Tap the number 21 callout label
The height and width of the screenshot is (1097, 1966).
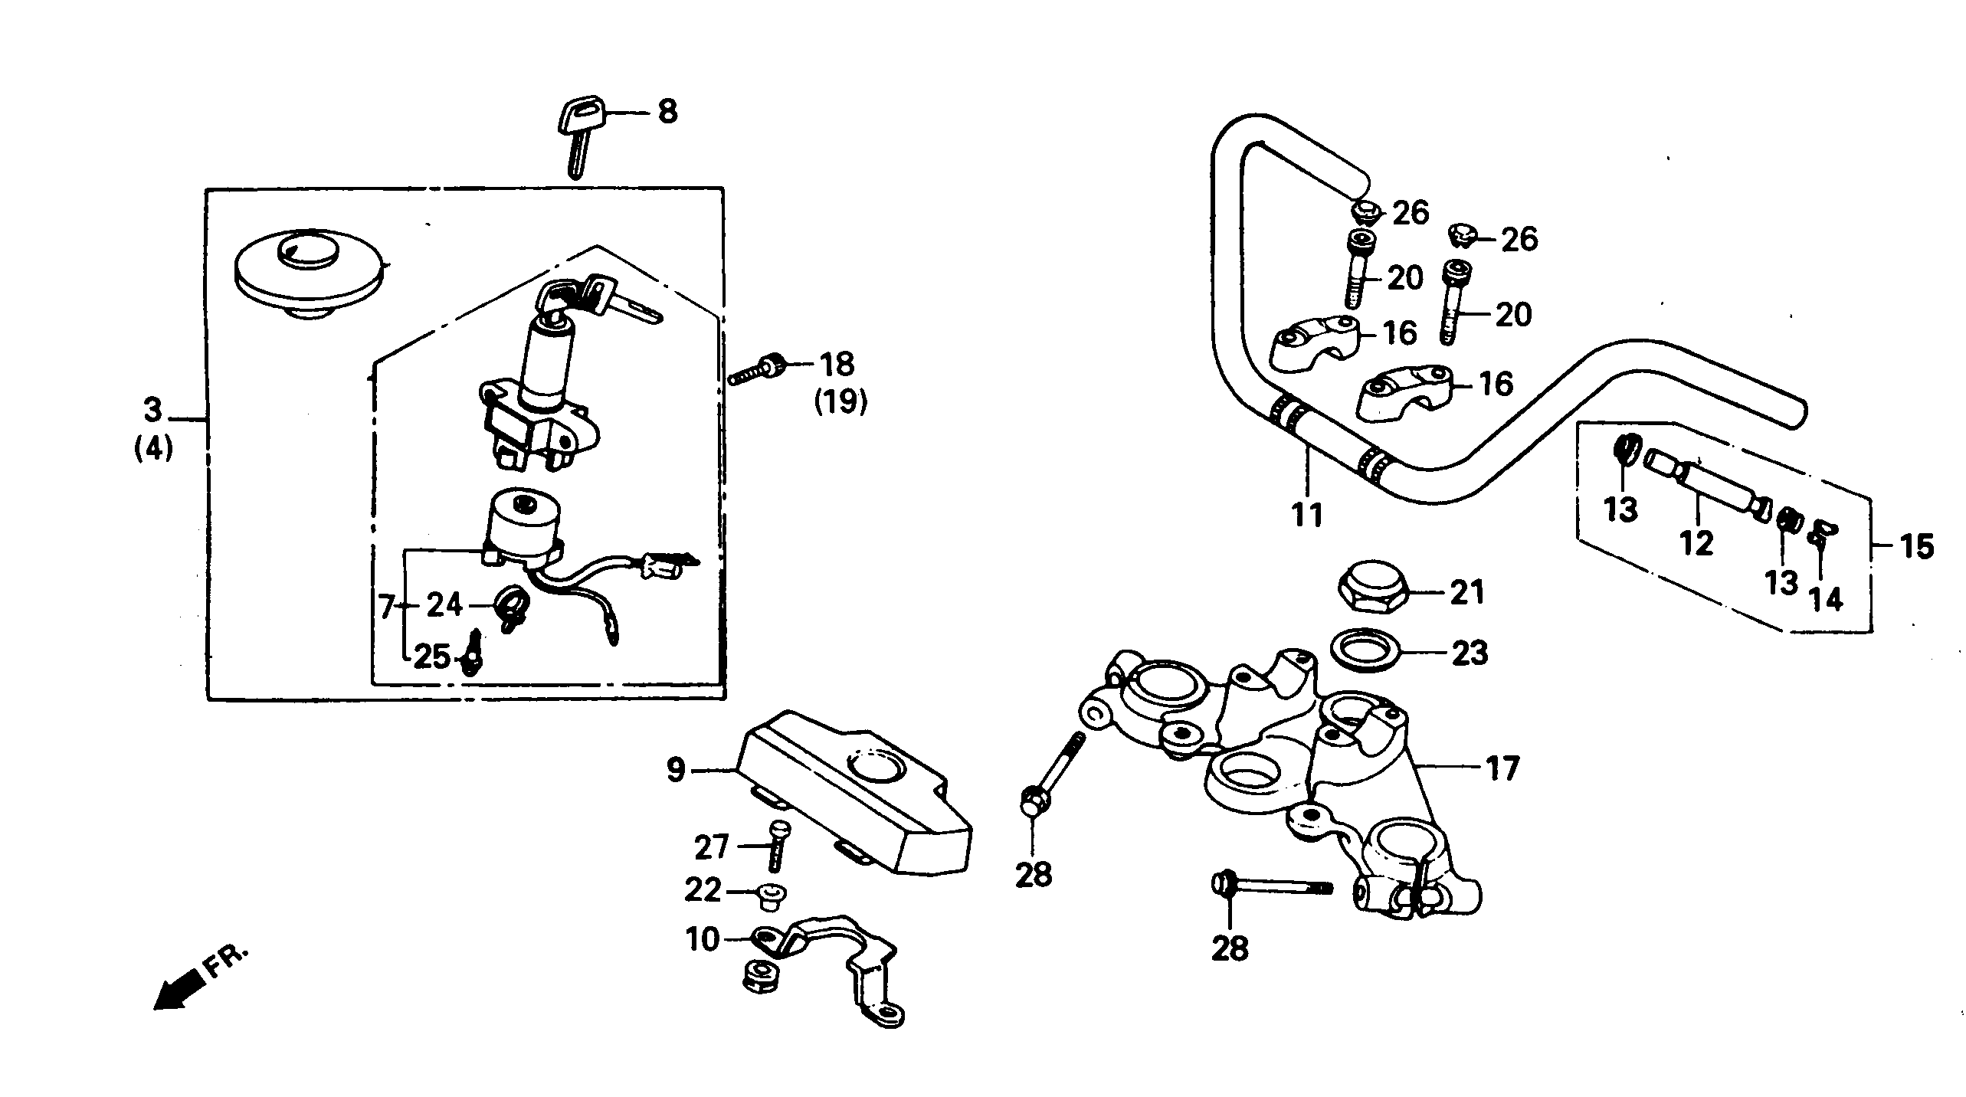pos(1467,592)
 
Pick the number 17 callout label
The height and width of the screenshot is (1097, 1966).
pos(1502,768)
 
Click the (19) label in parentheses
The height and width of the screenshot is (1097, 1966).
pos(840,401)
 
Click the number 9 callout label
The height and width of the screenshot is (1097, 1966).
pos(675,771)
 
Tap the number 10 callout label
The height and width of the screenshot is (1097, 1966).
pos(703,939)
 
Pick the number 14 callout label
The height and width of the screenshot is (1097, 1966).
pos(1826,599)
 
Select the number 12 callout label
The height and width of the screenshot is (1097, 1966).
pos(1696,542)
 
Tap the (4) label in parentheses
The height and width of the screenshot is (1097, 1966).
pos(154,448)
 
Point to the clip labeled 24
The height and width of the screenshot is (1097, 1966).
pos(508,605)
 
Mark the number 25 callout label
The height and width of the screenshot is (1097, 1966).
pos(431,656)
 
